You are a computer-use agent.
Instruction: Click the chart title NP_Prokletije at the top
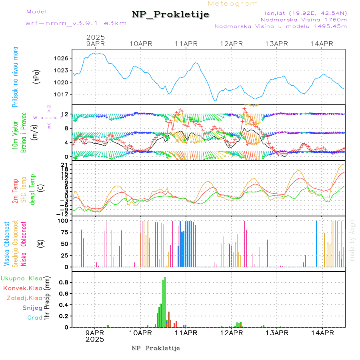click(x=170, y=15)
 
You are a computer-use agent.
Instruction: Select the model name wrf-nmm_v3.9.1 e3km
click(x=76, y=23)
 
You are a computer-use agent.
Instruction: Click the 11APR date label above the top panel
click(x=186, y=44)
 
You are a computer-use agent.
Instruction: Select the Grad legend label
click(x=35, y=318)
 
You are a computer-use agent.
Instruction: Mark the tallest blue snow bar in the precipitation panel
click(x=165, y=302)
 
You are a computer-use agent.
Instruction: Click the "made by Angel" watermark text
click(x=352, y=240)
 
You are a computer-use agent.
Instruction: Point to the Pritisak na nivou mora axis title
click(x=16, y=76)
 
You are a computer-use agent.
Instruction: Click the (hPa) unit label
click(x=37, y=76)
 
